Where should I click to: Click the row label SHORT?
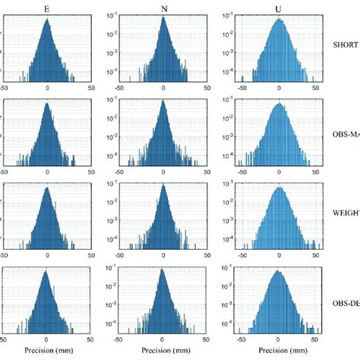[x=346, y=44]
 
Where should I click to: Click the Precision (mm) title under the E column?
[x=47, y=352]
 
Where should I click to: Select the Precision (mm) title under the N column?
[x=163, y=352]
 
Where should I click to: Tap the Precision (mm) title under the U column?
[x=279, y=352]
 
